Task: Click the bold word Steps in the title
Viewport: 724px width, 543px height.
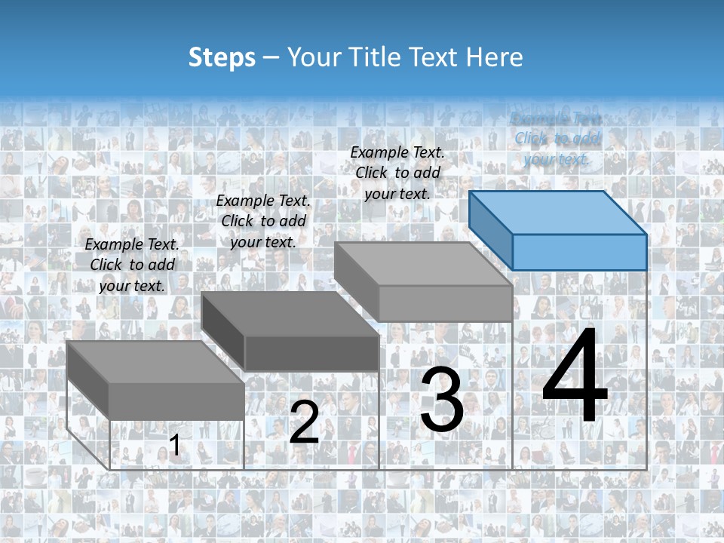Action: click(221, 57)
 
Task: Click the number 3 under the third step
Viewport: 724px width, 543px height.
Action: click(442, 400)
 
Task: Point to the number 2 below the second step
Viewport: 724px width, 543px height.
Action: click(304, 422)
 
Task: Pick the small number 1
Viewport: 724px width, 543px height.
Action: click(174, 446)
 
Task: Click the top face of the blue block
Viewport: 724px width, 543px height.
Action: click(558, 212)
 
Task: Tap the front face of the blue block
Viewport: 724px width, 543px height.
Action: click(579, 252)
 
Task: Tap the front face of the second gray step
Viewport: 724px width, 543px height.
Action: click(311, 353)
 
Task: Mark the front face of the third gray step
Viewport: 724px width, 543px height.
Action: click(445, 303)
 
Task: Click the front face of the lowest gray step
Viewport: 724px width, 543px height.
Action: click(176, 400)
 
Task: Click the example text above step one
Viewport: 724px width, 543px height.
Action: click(132, 265)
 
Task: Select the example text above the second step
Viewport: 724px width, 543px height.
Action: click(263, 221)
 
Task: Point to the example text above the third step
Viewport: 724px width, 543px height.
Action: click(397, 173)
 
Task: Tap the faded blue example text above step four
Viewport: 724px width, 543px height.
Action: click(557, 139)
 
